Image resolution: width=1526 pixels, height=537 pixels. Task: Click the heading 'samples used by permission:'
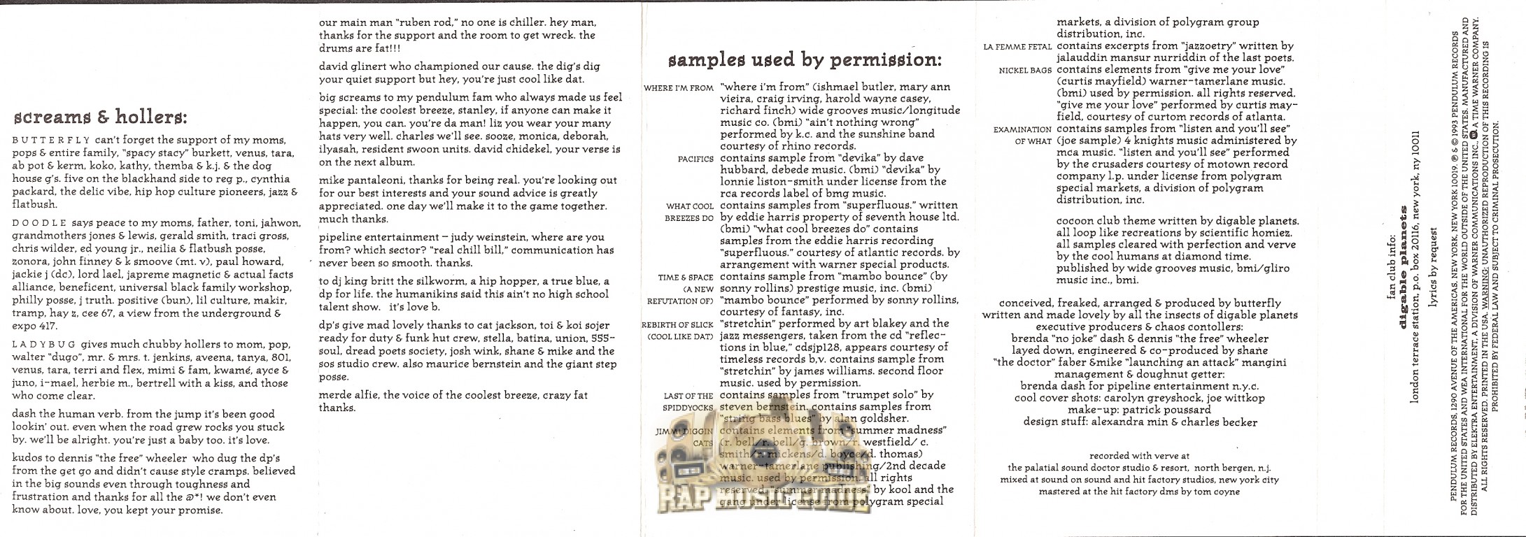tap(805, 60)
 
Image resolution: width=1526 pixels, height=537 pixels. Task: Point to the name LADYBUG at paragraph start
tap(43, 345)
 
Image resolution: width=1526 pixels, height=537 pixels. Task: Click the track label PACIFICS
tap(695, 159)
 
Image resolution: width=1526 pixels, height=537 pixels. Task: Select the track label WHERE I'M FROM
tap(679, 89)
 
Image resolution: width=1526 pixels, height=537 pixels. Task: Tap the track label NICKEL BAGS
tap(1025, 71)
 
